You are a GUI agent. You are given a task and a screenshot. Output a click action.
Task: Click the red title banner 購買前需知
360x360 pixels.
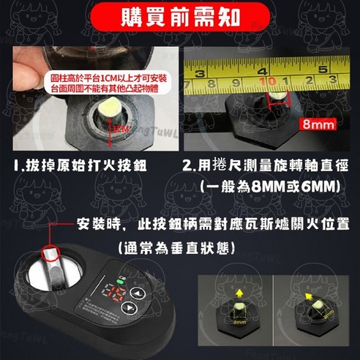coord(179,15)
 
